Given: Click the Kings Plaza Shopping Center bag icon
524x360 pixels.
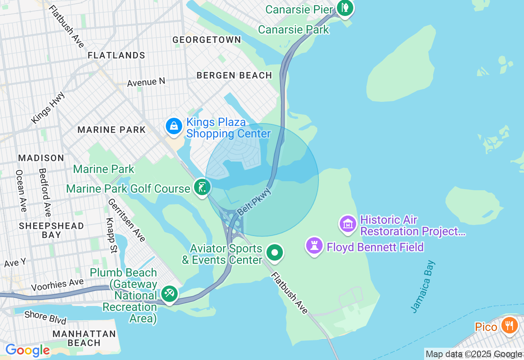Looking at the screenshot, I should (174, 126).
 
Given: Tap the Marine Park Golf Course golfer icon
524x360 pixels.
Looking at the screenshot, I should (202, 187).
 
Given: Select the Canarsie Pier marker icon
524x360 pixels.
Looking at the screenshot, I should (345, 8).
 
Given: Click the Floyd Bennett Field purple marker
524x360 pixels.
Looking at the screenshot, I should (314, 246).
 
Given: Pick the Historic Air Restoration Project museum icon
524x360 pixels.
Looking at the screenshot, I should (348, 224).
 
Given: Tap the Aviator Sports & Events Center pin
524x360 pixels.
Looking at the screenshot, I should (275, 253).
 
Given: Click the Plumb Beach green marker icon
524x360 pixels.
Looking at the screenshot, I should (169, 293).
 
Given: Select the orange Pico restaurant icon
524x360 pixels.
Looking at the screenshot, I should (509, 326).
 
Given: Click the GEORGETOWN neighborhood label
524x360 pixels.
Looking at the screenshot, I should (207, 40).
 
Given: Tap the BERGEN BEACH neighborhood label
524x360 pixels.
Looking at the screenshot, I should (234, 75).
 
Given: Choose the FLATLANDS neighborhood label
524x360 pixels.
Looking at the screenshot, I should (116, 55).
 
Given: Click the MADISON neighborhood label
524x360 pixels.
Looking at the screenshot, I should (41, 158).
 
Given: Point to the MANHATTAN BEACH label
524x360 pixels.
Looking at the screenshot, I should (84, 338).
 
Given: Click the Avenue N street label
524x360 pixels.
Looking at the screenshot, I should (146, 82).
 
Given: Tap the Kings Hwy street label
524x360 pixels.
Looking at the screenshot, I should (48, 108).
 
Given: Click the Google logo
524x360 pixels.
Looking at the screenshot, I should (27, 351).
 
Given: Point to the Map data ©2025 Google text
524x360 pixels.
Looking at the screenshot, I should (474, 354).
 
